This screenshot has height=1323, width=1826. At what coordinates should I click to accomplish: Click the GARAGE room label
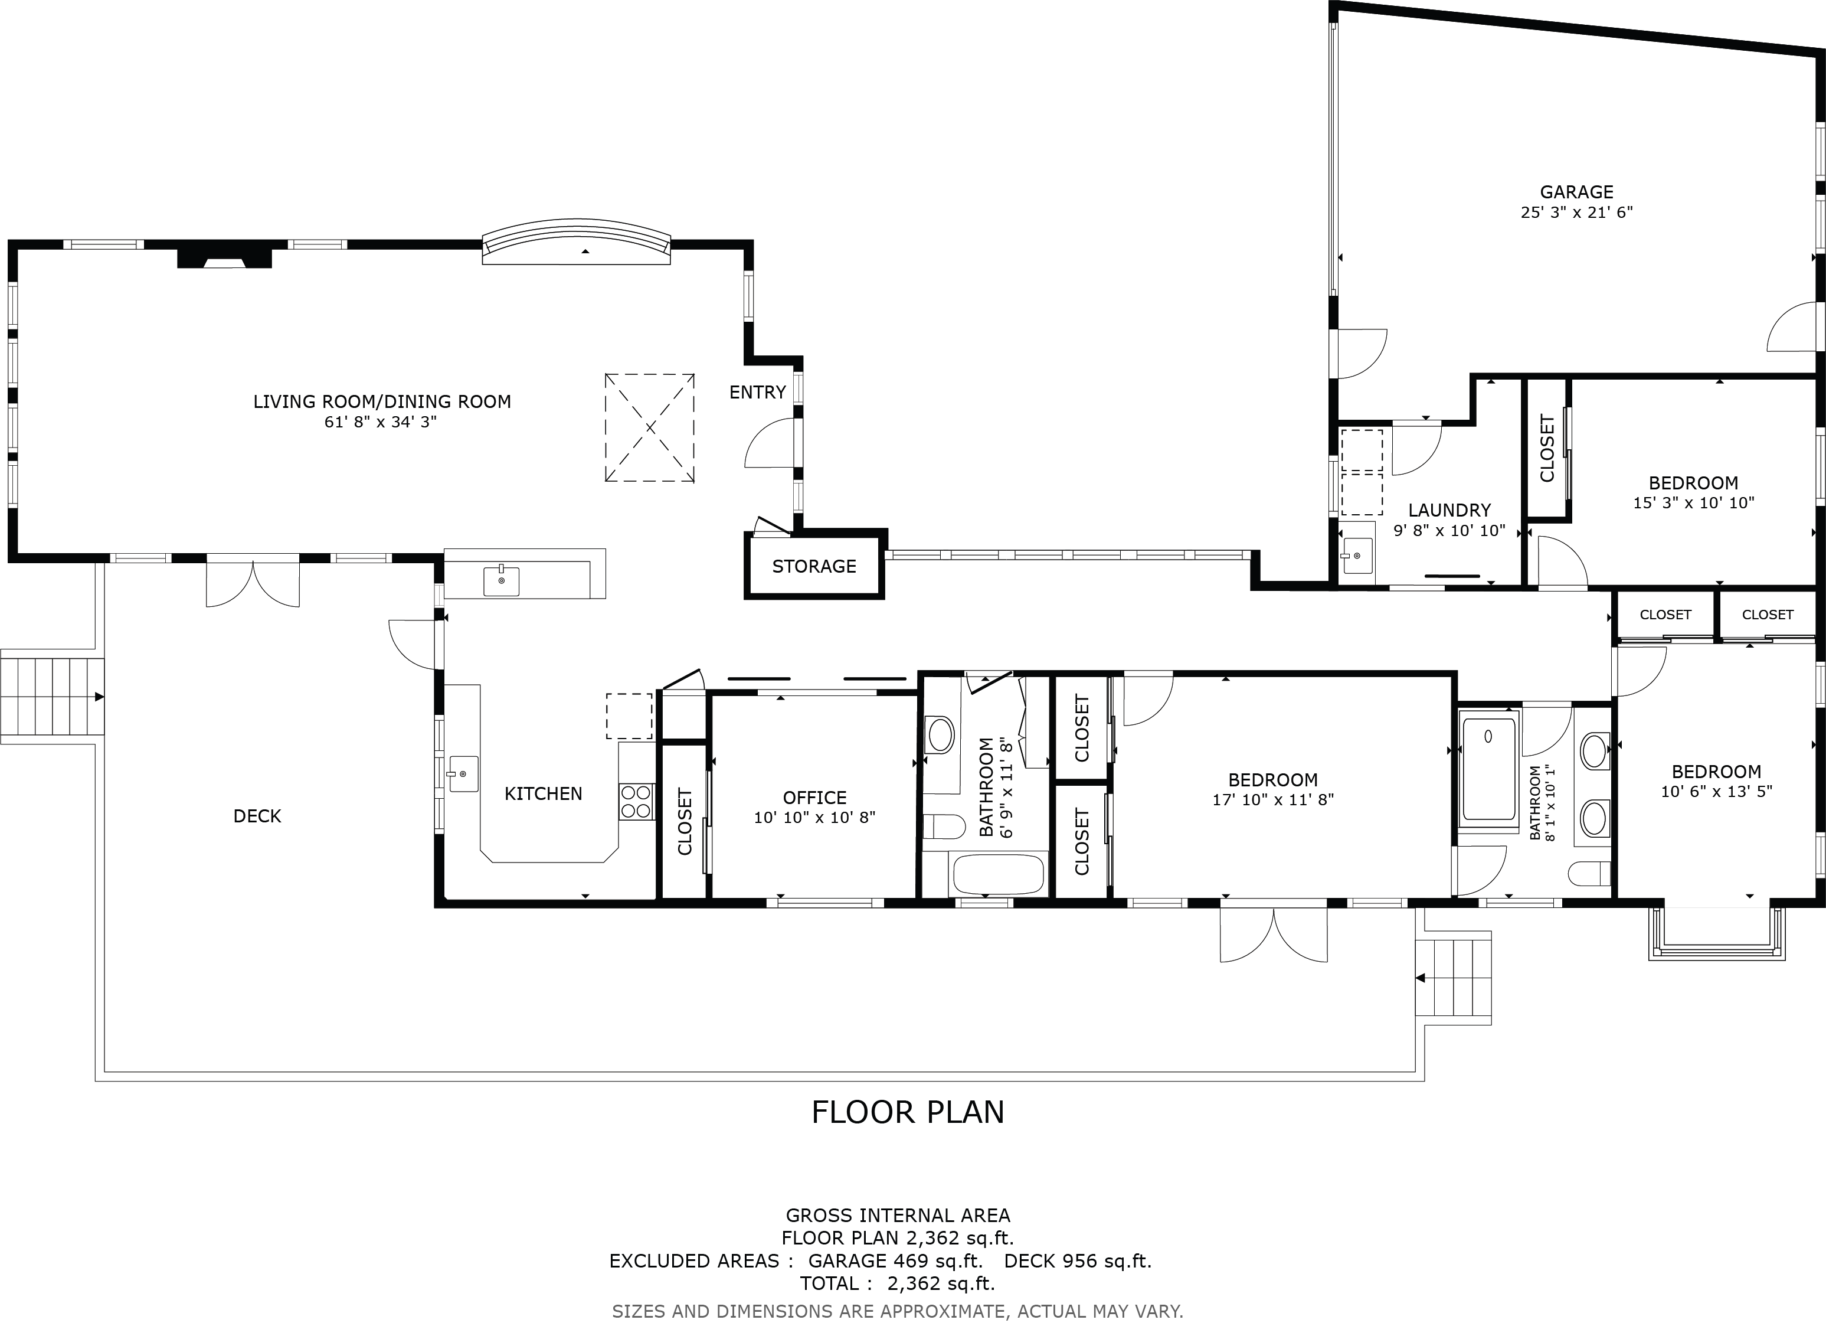(1576, 192)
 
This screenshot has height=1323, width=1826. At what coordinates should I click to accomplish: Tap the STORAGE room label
(814, 566)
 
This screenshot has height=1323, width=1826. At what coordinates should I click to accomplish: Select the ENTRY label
(758, 392)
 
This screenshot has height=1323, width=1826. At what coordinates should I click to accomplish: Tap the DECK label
(258, 816)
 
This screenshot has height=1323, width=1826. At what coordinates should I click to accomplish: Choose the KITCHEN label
(544, 793)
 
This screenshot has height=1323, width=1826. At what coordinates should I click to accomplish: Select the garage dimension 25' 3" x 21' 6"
(1576, 213)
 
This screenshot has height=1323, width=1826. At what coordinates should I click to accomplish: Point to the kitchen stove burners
(636, 802)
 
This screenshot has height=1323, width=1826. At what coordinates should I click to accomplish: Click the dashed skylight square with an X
(650, 427)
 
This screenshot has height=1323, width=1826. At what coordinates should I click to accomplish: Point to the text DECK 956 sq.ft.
(1078, 1261)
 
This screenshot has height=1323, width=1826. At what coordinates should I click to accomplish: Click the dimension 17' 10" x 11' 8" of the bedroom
(1273, 799)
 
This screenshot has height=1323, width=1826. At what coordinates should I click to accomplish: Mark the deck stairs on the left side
(53, 695)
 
